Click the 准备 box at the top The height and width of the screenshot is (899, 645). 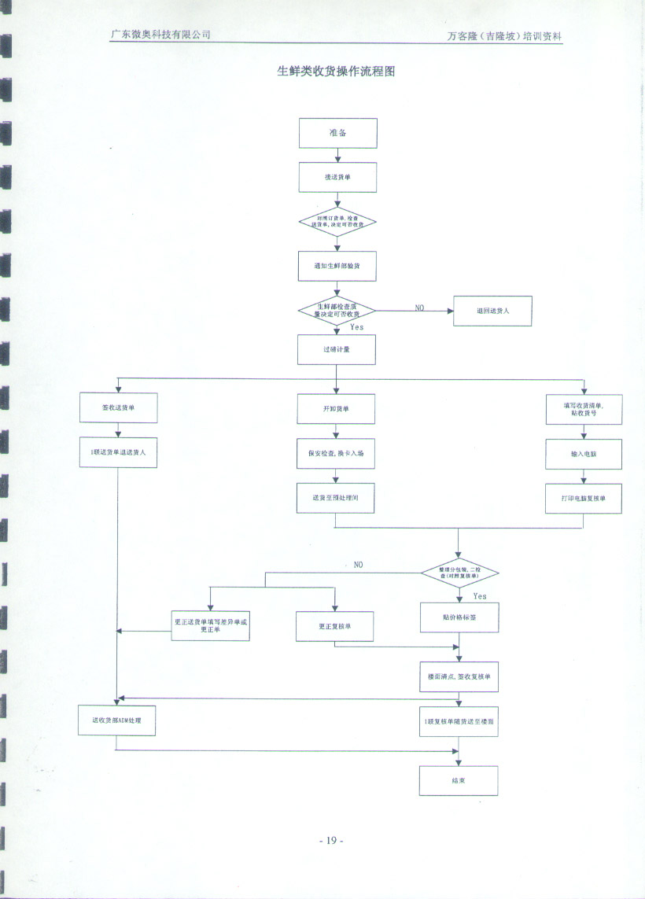pos(337,133)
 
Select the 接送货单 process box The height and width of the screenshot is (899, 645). pos(337,178)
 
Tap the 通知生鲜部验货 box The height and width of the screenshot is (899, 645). pos(337,266)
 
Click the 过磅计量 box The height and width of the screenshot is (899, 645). pos(337,349)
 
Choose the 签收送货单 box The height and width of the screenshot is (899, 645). pos(118,408)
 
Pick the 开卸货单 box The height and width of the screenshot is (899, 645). pos(336,409)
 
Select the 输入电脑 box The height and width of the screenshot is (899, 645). pos(584,454)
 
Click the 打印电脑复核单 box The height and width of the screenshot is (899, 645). pos(584,499)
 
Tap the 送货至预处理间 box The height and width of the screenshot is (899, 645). pos(336,499)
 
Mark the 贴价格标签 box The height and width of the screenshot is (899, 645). pos(459,617)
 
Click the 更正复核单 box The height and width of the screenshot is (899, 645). pos(334,626)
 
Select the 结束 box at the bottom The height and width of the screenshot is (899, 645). pos(459,779)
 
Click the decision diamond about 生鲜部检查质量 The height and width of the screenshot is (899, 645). pos(337,311)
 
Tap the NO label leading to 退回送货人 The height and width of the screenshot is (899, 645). pos(421,308)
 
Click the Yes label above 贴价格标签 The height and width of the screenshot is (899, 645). pos(480,596)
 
